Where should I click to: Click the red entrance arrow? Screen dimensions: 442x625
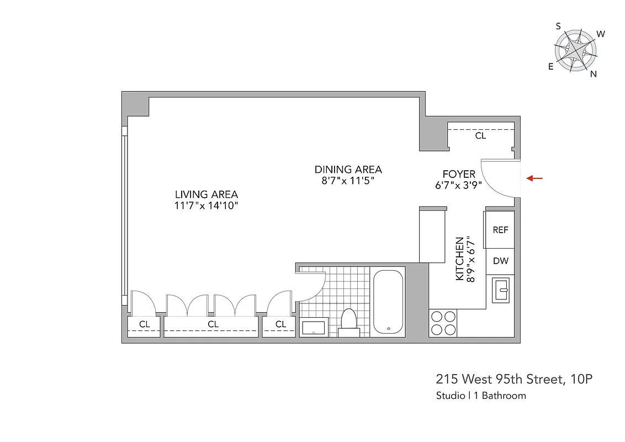tap(534, 178)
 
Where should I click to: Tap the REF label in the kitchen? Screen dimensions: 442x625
tap(500, 230)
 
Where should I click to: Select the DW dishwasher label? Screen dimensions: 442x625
tap(500, 261)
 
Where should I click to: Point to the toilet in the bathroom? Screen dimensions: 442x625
tap(348, 322)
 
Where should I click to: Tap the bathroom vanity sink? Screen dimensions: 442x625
tap(315, 328)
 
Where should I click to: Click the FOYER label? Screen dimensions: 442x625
tap(458, 175)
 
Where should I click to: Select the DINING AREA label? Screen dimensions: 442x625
tap(348, 170)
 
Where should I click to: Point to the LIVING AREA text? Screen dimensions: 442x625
tap(206, 194)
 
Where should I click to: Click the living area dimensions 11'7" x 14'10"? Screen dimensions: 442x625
tap(206, 206)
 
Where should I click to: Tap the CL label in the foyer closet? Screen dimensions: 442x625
tap(480, 136)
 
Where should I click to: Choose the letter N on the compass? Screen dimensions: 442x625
tap(594, 75)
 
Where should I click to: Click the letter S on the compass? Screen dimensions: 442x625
tap(558, 26)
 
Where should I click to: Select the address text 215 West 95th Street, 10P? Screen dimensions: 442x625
tap(515, 380)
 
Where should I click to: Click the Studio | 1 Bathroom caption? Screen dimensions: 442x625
tap(480, 396)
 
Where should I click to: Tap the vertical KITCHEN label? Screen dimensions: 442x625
tap(459, 259)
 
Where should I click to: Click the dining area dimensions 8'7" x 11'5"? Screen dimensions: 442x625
tap(348, 181)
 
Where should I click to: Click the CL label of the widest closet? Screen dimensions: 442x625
tap(213, 324)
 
